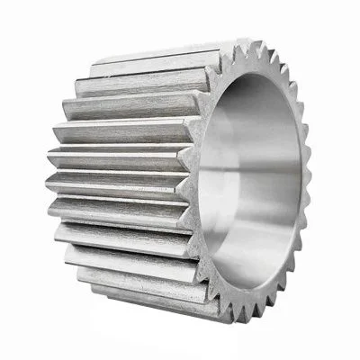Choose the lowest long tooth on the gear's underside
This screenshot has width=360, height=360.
click(x=153, y=301)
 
